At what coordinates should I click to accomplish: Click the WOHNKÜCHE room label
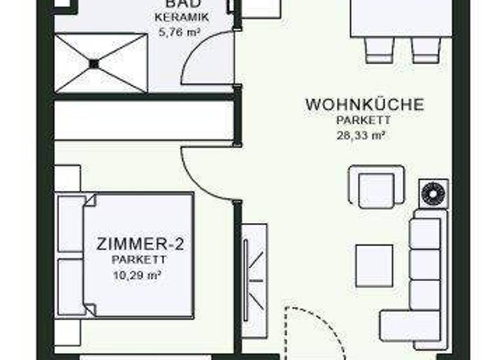coord(364,104)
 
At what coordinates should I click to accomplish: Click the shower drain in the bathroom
coord(95,63)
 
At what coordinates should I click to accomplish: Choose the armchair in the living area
coord(376,187)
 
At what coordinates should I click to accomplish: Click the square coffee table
coord(374,265)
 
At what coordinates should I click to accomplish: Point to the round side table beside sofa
coord(433,193)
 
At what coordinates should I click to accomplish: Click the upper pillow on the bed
coord(70,223)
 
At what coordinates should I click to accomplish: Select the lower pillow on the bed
coord(70,286)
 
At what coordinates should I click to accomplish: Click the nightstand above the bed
coord(67,178)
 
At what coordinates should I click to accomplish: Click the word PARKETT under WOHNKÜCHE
coord(363,120)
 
